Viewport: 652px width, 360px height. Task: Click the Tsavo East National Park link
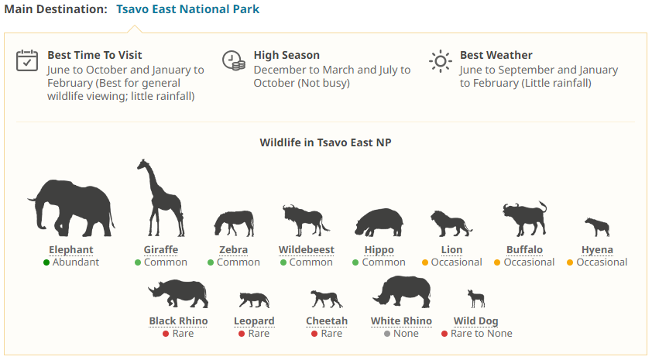187,9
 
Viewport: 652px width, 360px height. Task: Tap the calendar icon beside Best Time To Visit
27,60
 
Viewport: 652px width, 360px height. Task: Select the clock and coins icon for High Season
233,60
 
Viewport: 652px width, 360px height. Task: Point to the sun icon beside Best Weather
441,61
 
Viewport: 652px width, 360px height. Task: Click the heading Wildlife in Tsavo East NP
325,142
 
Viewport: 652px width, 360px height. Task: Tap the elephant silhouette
71,207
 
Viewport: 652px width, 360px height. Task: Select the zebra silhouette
234,224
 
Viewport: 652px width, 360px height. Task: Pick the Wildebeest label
307,249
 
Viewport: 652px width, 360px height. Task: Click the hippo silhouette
379,222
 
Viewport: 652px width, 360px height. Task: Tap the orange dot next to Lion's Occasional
425,262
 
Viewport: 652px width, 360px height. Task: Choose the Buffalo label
524,249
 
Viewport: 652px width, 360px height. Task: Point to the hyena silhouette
597,227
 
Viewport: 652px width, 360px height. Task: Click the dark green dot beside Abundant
46,262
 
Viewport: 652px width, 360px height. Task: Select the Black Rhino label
178,321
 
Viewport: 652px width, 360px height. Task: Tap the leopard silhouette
254,300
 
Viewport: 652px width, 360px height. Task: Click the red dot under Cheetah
314,334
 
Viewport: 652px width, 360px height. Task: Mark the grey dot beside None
387,334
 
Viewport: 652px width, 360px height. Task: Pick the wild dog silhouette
476,299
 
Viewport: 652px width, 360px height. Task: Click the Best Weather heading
496,55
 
